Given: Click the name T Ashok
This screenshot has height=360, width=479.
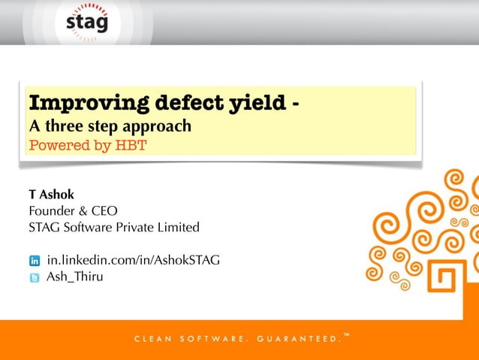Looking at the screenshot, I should click(x=51, y=195).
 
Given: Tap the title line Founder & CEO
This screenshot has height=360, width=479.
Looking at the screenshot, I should click(x=74, y=210).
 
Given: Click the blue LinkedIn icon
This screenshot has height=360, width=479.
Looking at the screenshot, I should click(x=35, y=262).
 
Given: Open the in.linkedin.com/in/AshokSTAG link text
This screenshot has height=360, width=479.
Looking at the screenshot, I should click(x=133, y=261).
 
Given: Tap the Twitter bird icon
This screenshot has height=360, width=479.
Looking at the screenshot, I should click(x=35, y=278).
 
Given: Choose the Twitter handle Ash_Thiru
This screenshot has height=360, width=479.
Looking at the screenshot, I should click(x=75, y=277).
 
